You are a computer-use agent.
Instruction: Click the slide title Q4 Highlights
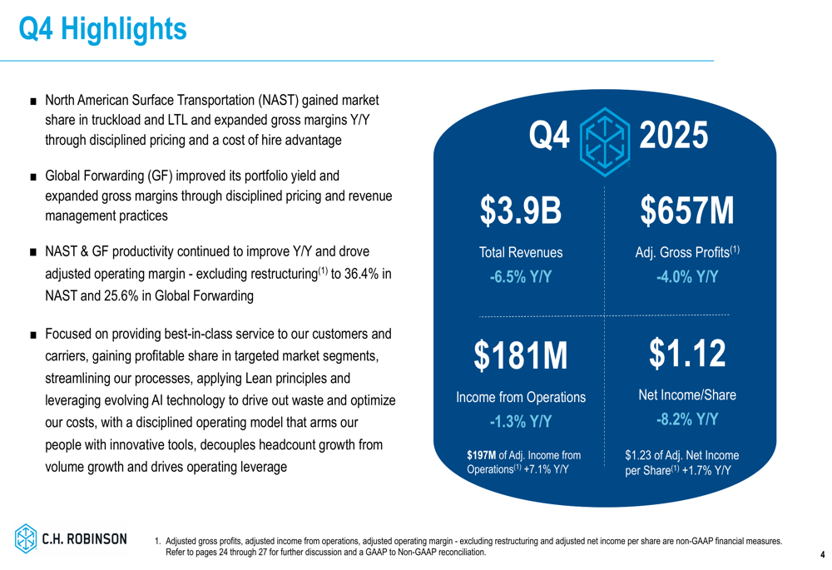click(102, 30)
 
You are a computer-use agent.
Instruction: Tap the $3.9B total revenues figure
click(521, 211)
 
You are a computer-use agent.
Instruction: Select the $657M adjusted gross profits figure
click(687, 211)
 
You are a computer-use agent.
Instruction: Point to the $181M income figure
click(521, 355)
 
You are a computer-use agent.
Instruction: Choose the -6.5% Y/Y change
click(521, 276)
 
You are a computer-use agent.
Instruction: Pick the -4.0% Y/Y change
click(687, 276)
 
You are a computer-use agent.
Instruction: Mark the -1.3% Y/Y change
click(521, 421)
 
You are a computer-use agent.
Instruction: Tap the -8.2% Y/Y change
click(687, 419)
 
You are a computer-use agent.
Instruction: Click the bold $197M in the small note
click(481, 455)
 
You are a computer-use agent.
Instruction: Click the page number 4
click(822, 554)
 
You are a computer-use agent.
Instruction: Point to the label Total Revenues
click(521, 252)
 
